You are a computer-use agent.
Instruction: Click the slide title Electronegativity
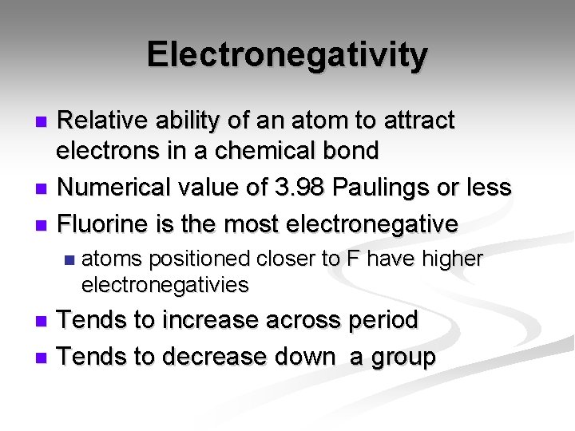(x=287, y=55)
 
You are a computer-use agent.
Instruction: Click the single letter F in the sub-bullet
(x=352, y=259)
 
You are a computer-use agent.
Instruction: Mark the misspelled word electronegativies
(x=165, y=284)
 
